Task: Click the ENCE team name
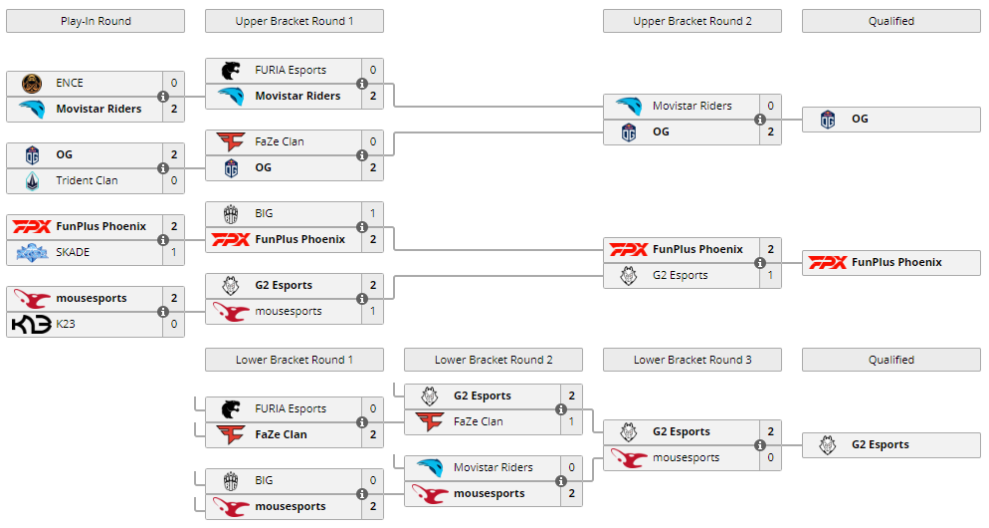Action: coord(70,83)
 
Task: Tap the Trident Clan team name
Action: coord(87,180)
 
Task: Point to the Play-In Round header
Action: coord(95,21)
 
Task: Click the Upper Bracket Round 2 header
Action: coord(692,21)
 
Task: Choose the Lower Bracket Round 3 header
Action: coord(692,360)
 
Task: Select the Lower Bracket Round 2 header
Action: coord(494,360)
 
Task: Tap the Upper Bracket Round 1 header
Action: coord(294,21)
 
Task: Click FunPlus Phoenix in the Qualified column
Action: coord(896,262)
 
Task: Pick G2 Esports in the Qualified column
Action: coord(880,444)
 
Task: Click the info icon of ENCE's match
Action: coord(163,97)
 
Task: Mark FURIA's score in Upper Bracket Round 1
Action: coord(373,70)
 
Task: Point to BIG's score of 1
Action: coord(373,213)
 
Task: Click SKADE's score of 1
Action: coord(174,252)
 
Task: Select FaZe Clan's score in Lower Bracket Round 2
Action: coord(572,421)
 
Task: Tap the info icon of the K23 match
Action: coord(163,312)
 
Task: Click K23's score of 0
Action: coord(174,324)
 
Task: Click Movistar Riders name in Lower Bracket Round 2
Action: coord(493,467)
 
